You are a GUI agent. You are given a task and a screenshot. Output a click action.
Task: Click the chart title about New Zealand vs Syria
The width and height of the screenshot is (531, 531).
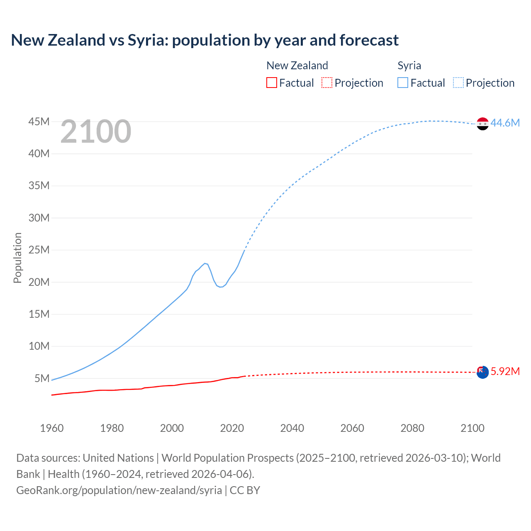point(205,40)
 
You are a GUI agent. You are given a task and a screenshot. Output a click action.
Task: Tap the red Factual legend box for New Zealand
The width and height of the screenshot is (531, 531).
point(271,83)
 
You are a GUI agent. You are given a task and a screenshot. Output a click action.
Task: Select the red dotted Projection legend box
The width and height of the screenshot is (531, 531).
point(326,83)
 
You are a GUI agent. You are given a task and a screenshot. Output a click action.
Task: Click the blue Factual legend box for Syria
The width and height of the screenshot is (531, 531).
point(402,83)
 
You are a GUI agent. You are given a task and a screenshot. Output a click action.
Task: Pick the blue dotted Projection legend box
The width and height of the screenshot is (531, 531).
point(458,83)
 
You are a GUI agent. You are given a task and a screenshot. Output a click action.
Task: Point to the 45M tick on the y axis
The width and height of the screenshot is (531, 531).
point(39,122)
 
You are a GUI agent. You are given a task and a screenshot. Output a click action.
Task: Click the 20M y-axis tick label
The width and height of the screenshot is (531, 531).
point(39,282)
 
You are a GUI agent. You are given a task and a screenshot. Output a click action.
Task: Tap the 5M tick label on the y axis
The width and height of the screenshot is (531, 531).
point(42,378)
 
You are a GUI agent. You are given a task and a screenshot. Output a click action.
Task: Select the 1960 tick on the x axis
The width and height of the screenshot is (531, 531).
point(52,428)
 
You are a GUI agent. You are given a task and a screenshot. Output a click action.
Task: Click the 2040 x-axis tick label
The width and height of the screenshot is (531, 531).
point(292,428)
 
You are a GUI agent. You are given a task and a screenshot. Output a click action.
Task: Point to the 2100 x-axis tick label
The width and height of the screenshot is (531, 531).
point(472,428)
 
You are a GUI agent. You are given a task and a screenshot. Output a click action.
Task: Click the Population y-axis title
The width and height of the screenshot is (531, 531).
point(17,258)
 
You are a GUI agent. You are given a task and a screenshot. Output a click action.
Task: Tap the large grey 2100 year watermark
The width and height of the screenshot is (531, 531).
point(96,132)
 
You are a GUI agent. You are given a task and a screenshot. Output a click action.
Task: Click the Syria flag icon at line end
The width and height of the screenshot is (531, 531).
point(482,124)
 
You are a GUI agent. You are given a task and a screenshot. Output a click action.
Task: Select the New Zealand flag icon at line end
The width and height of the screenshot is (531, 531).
point(482,372)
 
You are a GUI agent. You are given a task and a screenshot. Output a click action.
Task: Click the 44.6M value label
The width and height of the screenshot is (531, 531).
point(505,123)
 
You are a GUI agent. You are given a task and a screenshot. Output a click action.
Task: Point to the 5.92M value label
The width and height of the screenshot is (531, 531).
point(505,371)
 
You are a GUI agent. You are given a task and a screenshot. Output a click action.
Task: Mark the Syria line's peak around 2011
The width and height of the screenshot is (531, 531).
point(205,263)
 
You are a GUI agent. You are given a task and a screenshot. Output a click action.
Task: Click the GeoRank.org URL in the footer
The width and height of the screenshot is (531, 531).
point(119,490)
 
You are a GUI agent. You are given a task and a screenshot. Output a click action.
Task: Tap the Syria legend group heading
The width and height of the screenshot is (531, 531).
point(409,66)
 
